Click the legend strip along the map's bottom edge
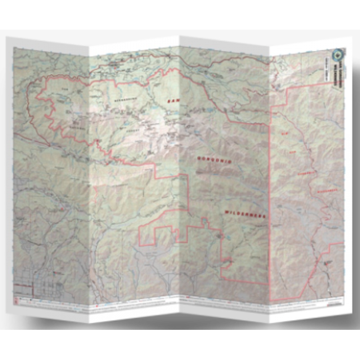(180, 310)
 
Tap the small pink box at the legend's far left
(16, 299)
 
